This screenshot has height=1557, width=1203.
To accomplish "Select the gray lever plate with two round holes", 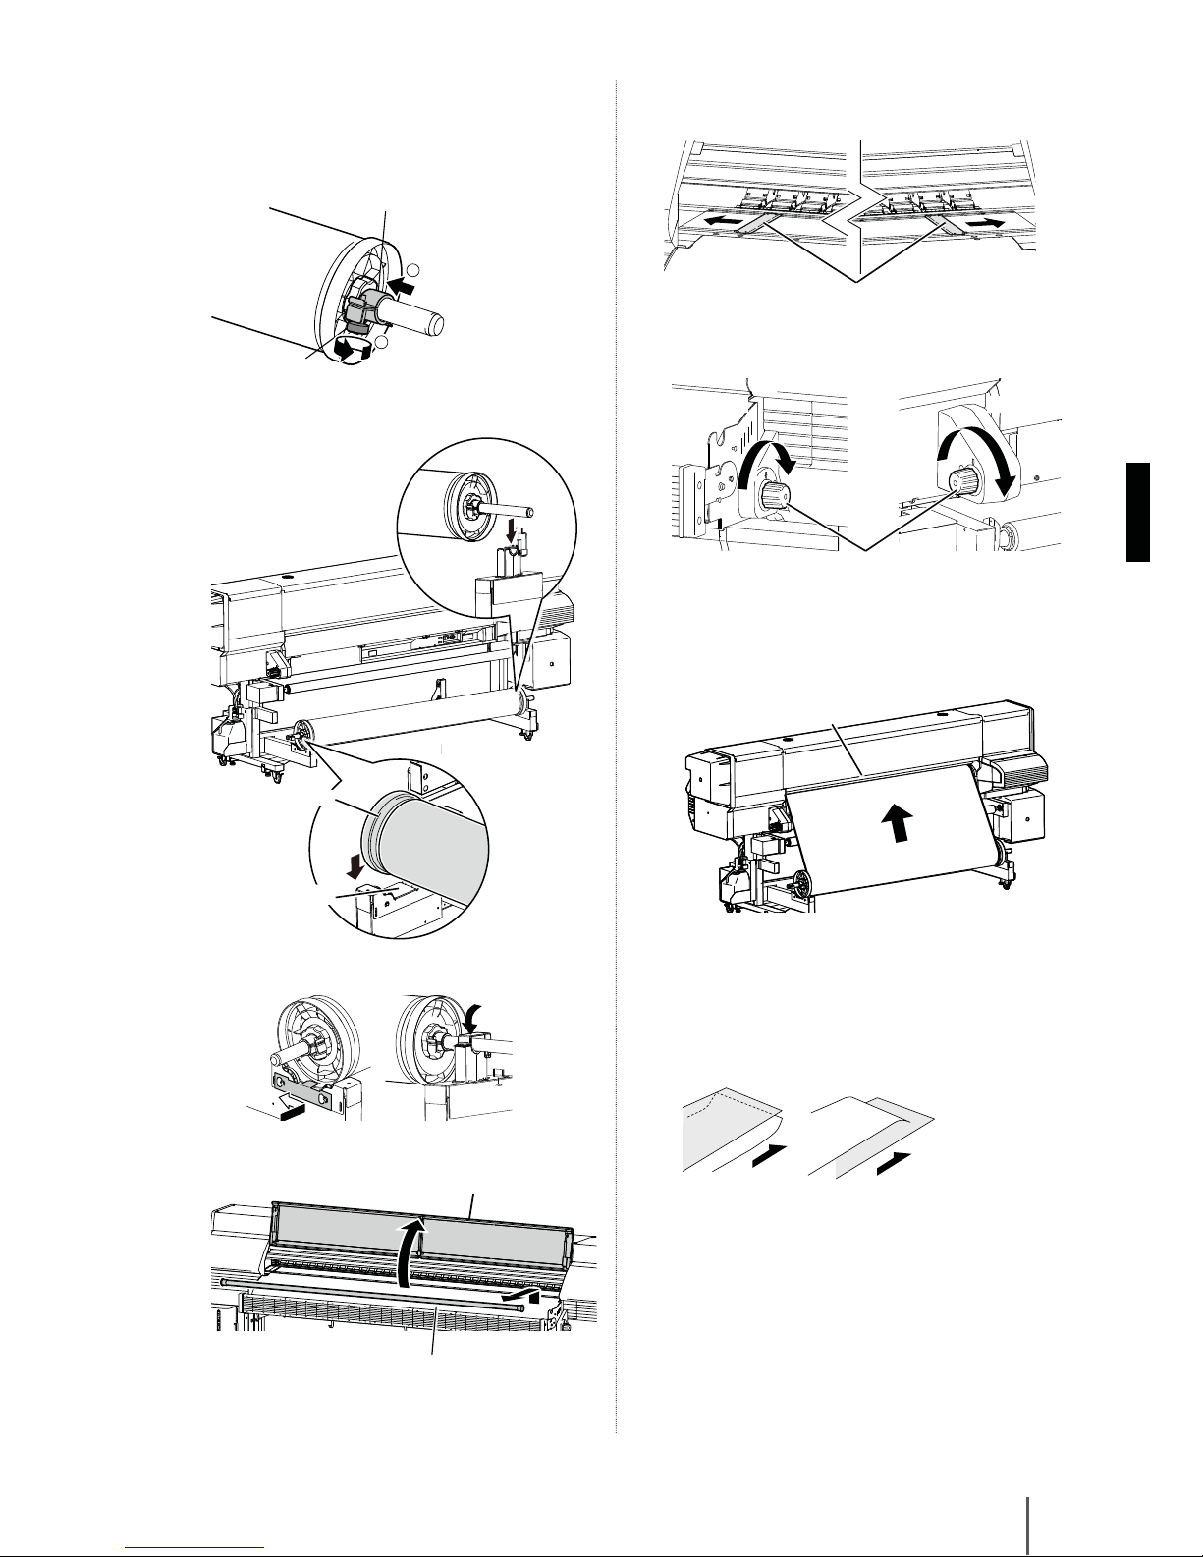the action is coord(310,1086).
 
